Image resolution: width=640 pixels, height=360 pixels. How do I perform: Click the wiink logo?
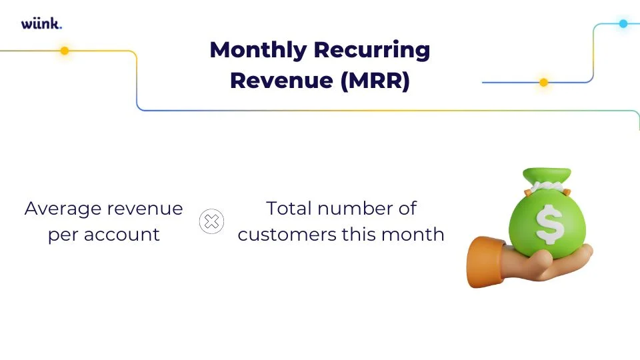tap(41, 24)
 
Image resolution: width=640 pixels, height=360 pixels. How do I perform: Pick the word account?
tap(123, 235)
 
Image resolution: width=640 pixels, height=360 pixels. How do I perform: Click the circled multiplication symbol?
tap(211, 221)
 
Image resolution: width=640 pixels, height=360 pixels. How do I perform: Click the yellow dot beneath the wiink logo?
tap(65, 51)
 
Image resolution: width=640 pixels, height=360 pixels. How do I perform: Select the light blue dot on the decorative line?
tap(623, 24)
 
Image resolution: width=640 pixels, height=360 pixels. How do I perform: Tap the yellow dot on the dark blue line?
tap(543, 83)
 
